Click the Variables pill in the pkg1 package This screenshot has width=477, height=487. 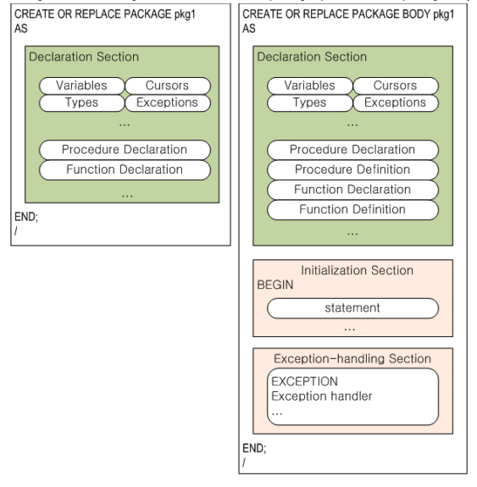point(81,86)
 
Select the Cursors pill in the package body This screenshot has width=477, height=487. point(395,86)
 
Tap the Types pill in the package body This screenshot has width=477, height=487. point(309,103)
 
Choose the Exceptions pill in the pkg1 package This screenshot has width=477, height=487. point(167,103)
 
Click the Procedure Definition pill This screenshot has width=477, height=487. point(352,169)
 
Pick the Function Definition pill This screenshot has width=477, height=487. point(352,209)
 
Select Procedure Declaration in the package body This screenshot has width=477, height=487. point(352,150)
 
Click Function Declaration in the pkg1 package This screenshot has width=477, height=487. point(125,169)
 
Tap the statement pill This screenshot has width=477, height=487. point(352,307)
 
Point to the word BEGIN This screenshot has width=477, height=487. point(275,285)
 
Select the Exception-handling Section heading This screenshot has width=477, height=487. point(352,359)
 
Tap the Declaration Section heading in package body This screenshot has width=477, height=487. point(312,57)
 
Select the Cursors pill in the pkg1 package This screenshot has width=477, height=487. point(167,86)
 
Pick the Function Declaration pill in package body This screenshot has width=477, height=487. point(352,190)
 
